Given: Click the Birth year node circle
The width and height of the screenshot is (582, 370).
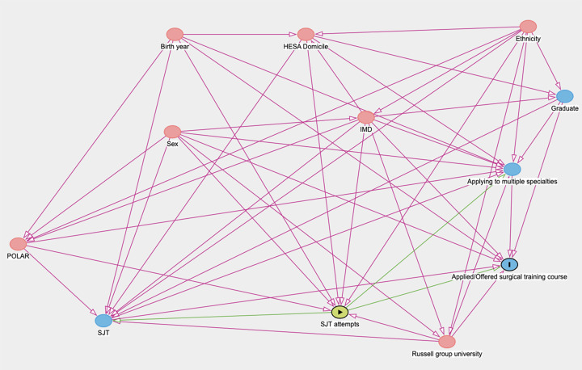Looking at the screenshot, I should point(175,34).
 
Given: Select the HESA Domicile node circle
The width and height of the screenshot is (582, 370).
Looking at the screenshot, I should point(306,34).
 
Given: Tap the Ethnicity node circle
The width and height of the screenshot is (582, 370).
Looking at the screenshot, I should point(528,27).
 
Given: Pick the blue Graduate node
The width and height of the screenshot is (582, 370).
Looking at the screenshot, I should point(564,96).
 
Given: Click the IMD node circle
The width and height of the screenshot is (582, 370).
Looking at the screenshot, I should point(366,117).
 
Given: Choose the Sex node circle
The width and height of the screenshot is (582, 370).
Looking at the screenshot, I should point(172,132).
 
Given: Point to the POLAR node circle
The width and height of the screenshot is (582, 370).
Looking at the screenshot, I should point(18,244).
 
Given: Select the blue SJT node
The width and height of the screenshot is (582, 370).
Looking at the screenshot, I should point(103,321).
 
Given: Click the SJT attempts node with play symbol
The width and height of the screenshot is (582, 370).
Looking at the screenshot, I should point(340,312).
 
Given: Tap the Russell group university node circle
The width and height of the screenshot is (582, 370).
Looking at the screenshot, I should point(446,342).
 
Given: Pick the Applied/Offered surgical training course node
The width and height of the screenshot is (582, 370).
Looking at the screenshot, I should point(509,264).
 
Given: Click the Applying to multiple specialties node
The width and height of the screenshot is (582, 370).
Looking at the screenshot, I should point(512,170).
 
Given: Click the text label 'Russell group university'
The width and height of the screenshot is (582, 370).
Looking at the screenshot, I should point(447,354).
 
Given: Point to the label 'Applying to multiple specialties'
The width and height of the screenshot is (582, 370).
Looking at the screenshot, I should point(512,182).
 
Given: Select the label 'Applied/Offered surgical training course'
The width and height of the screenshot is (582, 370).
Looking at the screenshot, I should point(509,276).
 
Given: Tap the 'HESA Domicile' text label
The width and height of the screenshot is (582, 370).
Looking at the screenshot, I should point(306,46).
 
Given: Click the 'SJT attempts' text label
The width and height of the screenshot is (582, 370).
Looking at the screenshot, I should point(340,324).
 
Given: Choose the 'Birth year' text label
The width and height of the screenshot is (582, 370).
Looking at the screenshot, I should point(175,46).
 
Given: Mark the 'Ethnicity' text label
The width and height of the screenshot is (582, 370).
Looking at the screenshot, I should point(528,39).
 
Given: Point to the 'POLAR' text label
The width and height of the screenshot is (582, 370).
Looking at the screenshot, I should point(18,256).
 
